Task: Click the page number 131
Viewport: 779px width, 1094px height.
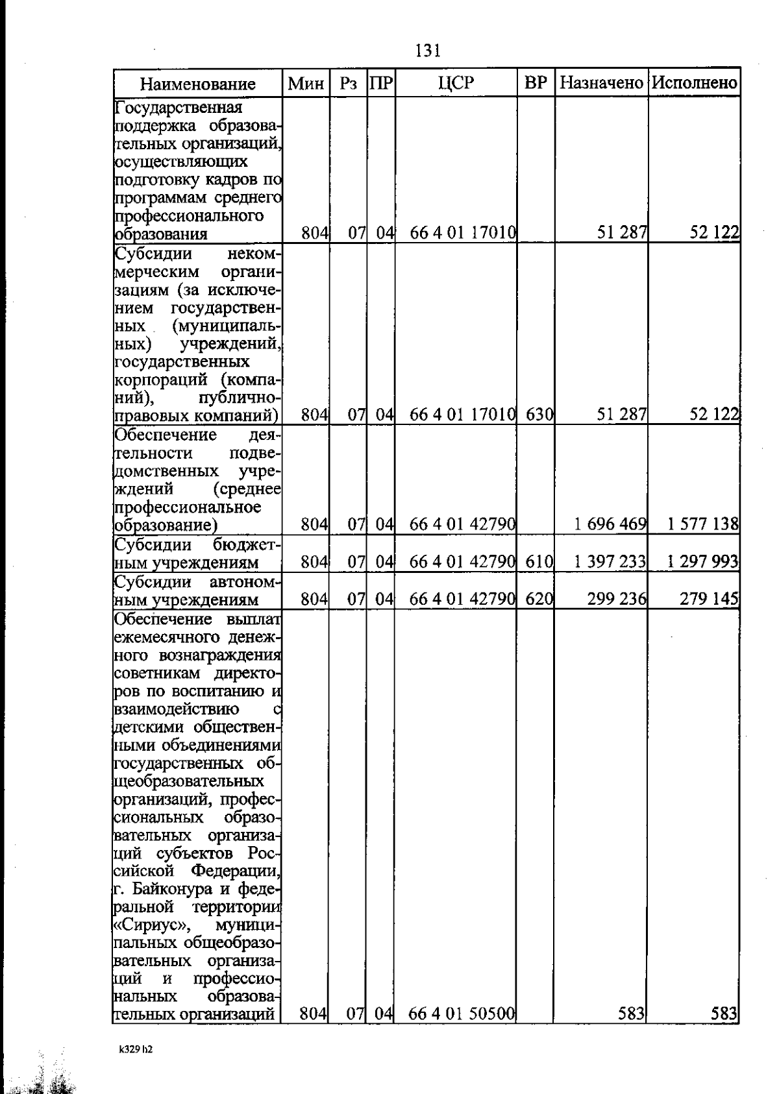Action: [428, 50]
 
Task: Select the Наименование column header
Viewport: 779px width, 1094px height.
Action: [198, 84]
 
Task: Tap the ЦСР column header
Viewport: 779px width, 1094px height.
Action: [456, 83]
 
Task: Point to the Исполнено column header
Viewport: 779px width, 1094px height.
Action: [695, 83]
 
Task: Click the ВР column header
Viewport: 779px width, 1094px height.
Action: [536, 83]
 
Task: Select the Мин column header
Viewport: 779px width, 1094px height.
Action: [306, 83]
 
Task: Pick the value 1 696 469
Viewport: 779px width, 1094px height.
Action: [610, 524]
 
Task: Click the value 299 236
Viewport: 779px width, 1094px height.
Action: [616, 600]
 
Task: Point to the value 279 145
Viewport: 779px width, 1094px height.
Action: [709, 600]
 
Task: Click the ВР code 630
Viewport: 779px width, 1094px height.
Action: [539, 414]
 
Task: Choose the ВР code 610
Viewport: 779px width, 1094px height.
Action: [539, 562]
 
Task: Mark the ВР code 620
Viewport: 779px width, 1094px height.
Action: [539, 600]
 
